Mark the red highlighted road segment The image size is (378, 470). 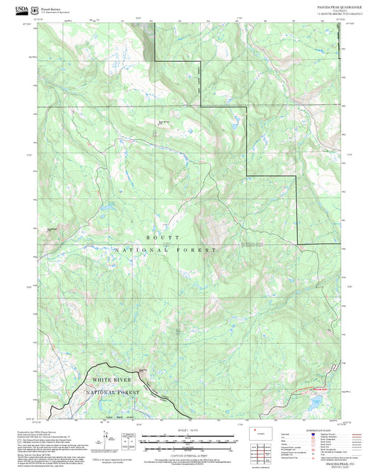316,390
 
